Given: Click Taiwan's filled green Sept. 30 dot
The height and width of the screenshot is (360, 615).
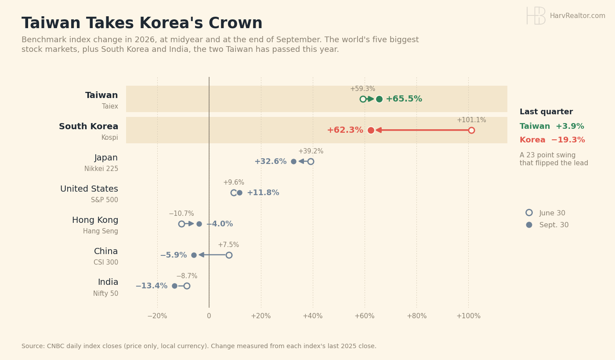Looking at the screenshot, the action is click(x=379, y=99).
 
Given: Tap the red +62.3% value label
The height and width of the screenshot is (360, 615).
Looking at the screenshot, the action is click(x=345, y=130).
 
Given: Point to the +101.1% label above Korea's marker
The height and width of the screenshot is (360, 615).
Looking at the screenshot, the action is click(x=471, y=120).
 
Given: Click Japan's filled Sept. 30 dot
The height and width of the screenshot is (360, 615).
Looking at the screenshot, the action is click(x=293, y=162).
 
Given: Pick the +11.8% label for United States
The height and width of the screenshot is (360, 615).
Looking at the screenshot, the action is click(x=263, y=193).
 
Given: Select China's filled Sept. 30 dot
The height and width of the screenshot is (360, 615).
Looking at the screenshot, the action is click(x=194, y=255).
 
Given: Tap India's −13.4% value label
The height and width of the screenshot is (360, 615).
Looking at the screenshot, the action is click(x=152, y=286).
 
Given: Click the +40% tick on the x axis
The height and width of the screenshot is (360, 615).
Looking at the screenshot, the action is click(x=313, y=316).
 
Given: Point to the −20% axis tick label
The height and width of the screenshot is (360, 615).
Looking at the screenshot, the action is click(x=157, y=316).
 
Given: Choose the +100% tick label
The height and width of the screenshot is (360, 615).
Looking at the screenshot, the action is click(x=468, y=316).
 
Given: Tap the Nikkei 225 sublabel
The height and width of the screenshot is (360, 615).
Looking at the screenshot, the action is click(x=101, y=169).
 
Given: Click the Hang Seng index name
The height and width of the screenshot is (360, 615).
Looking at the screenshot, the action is click(x=101, y=231).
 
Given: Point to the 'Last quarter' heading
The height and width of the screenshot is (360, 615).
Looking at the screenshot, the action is click(x=546, y=112).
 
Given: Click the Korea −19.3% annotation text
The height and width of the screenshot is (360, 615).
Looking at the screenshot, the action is click(x=552, y=140).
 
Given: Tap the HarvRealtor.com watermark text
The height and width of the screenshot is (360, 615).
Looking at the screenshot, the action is click(x=577, y=16).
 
